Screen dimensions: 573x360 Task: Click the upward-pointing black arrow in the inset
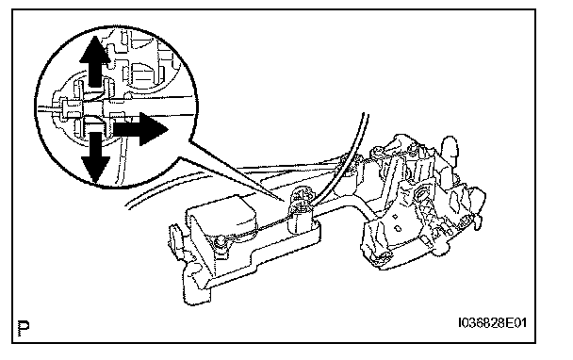pos(94,60)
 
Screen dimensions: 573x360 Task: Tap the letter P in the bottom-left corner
pos(24,328)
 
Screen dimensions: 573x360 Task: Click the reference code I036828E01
pos(492,323)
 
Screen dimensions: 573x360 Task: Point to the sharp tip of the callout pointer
pos(284,201)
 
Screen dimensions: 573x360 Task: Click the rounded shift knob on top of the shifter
pos(450,150)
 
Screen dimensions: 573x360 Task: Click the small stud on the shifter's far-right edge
pos(477,221)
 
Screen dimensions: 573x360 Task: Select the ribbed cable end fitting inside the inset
pos(74,108)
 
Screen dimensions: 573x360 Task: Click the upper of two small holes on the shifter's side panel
pos(395,217)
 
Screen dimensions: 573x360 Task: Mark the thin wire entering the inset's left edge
pos(49,109)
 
